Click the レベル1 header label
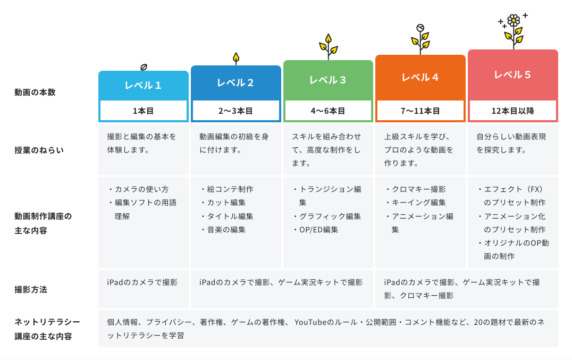pos(143,86)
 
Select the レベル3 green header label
pos(327,80)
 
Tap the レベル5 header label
pos(512,75)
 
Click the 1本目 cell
pos(144,111)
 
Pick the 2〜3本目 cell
pos(235,111)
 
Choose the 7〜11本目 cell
pos(420,111)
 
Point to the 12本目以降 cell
pos(512,111)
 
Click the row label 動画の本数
pos(35,93)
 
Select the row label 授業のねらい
pos(39,150)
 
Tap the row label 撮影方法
pos(31,290)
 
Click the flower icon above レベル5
pos(514,31)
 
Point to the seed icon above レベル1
pos(144,67)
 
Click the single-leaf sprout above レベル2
pos(236,58)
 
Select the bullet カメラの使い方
pos(139,189)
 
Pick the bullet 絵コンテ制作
pos(227,189)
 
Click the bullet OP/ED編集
pos(316,230)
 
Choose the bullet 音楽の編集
pos(223,230)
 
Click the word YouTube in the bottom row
pos(310,322)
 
